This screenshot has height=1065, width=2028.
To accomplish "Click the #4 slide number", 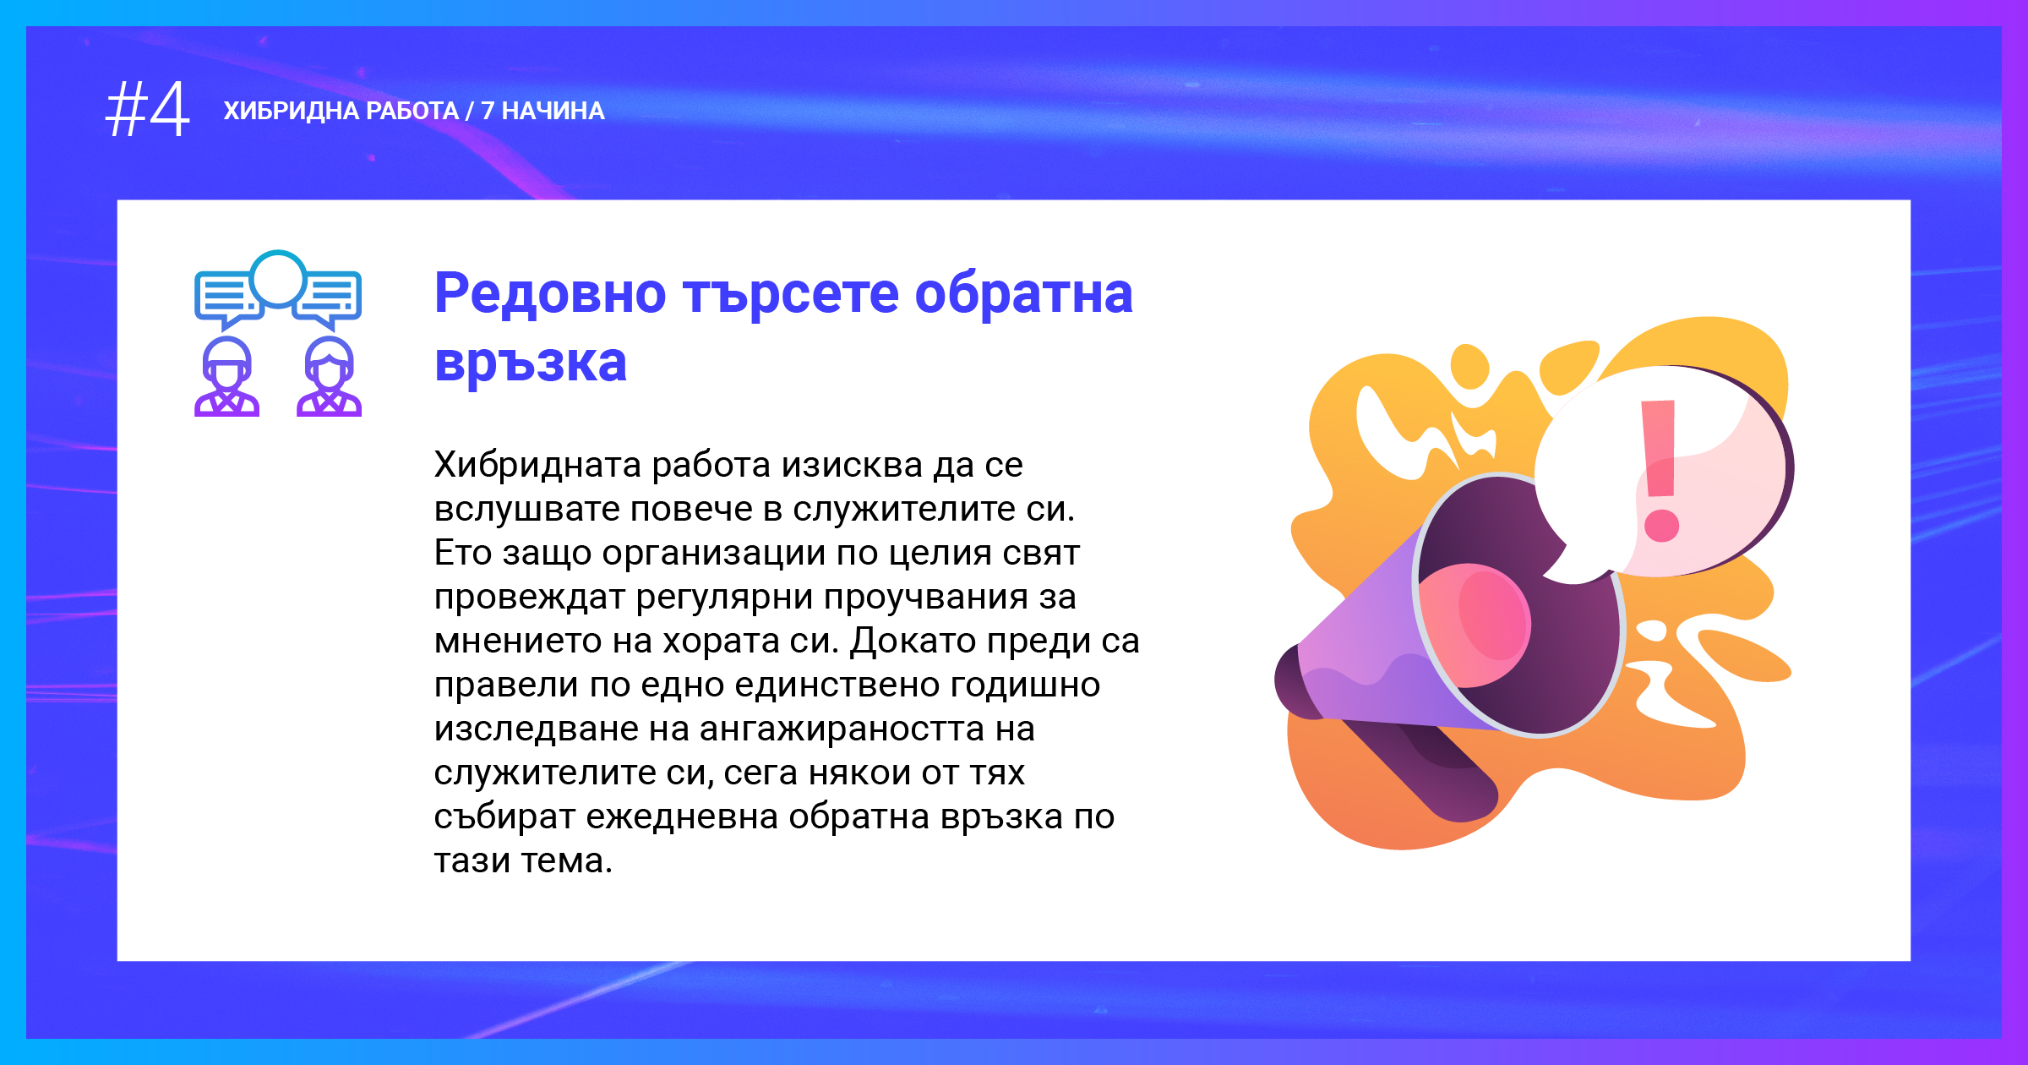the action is click(x=148, y=110).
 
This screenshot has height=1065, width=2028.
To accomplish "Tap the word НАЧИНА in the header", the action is click(x=553, y=111).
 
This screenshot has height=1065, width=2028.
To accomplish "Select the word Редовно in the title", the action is click(x=550, y=293).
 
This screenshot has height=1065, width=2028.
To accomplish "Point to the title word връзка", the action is click(x=531, y=363).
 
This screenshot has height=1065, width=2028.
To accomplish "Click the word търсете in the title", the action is click(x=791, y=293).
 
